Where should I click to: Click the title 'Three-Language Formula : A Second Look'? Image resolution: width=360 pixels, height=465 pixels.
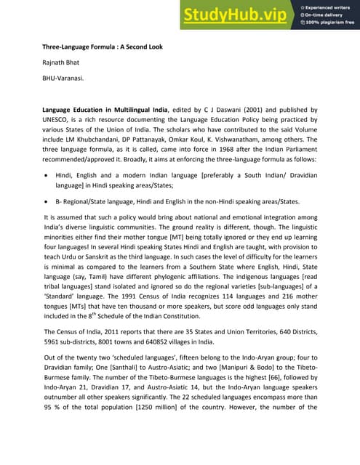pos(102,47)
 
